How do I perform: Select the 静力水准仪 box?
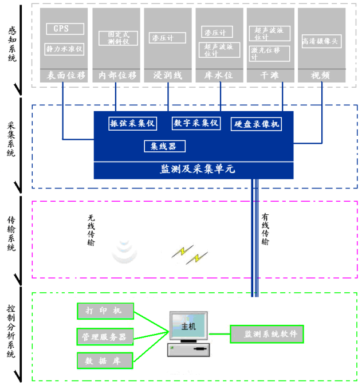(x=65, y=49)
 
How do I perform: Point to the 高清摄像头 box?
(x=320, y=40)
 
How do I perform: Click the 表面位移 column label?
(x=65, y=75)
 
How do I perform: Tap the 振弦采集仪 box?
(x=132, y=123)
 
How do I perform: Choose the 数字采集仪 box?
(x=196, y=123)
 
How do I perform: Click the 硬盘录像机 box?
(x=257, y=124)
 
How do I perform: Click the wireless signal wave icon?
(x=124, y=252)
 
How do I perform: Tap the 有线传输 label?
(x=265, y=229)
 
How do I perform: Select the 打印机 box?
(x=105, y=311)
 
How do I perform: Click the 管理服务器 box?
(x=105, y=336)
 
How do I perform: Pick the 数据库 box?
(x=105, y=360)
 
